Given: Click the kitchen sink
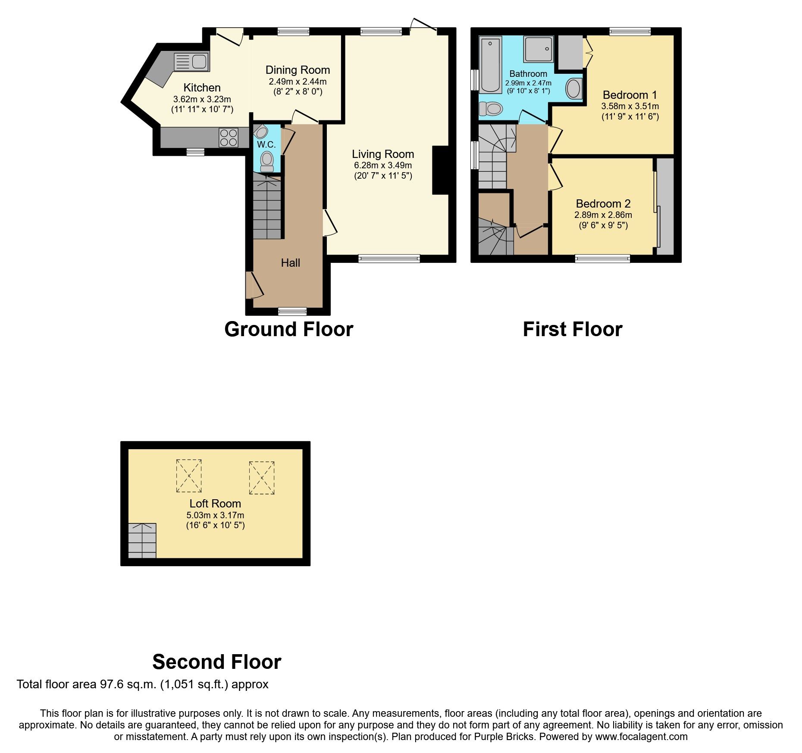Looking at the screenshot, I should click(191, 62).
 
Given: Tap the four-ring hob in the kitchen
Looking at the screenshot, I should click(229, 138).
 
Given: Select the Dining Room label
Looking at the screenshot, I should click(298, 70).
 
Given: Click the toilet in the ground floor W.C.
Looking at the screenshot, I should click(267, 161).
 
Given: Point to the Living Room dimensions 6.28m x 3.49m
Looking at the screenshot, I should click(383, 165).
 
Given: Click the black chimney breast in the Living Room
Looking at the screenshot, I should click(440, 170).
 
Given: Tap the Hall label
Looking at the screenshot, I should click(290, 263).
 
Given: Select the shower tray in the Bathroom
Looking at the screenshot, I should click(538, 49).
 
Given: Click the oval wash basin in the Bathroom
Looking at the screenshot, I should click(573, 89).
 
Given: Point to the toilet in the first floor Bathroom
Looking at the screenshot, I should click(490, 108).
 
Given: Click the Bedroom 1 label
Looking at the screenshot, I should click(630, 95).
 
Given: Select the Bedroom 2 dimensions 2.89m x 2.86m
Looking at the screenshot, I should click(603, 215).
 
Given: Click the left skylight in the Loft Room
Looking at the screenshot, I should click(189, 476).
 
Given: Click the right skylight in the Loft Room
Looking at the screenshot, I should click(262, 478).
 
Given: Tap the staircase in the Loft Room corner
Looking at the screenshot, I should click(142, 541).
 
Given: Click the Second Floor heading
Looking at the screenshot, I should click(216, 662).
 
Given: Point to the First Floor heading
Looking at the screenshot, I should click(572, 330).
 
